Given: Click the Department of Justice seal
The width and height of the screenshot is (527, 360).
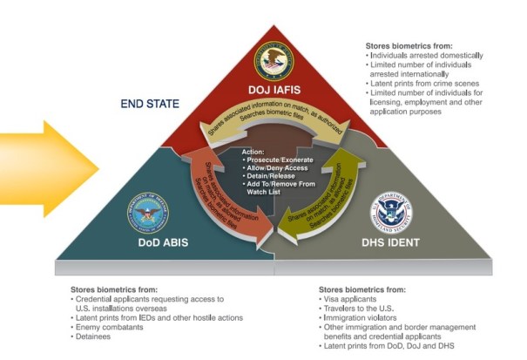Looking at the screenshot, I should (x=273, y=63).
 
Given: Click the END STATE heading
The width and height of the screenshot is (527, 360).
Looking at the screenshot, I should (x=150, y=104).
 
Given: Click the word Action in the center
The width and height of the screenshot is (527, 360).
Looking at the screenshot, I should (x=254, y=152).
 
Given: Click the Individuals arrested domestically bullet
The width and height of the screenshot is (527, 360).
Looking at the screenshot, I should (x=426, y=55).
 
